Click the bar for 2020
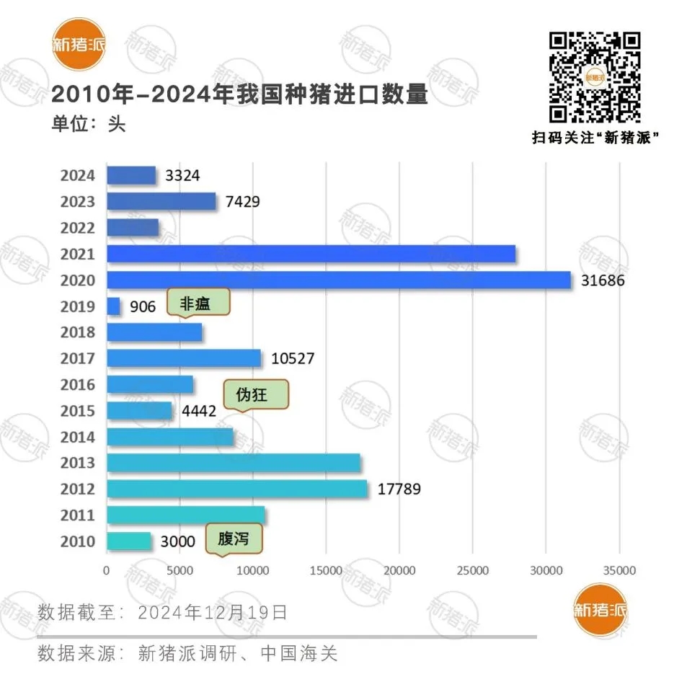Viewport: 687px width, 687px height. point(338,280)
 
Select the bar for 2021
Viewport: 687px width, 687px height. point(311,254)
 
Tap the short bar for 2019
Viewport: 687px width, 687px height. point(113,306)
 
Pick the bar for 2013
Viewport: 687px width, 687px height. point(234,463)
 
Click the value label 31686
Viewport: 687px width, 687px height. point(603,280)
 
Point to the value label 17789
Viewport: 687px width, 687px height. point(399,489)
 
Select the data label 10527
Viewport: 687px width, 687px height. point(293,358)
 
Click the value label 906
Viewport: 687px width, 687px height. point(143,307)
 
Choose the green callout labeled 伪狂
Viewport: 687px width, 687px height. point(256,395)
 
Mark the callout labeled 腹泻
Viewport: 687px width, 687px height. point(233,538)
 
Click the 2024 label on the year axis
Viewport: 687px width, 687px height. point(78,176)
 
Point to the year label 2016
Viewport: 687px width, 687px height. point(78,385)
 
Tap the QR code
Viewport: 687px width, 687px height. point(595,77)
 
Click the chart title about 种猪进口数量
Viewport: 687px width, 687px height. point(239,94)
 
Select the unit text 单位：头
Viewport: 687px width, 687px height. point(88,124)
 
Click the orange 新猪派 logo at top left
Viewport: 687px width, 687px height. point(79,44)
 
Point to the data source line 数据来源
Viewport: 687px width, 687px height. point(187,654)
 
